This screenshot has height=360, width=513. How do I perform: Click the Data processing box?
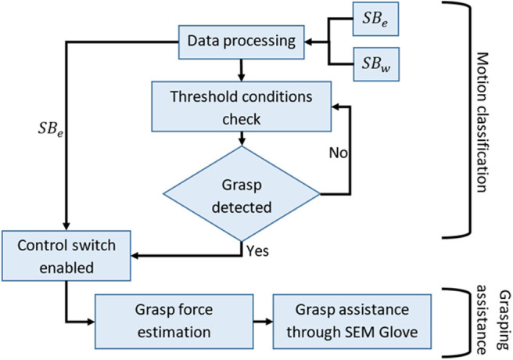[242, 42]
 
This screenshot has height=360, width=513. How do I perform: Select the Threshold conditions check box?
[242, 106]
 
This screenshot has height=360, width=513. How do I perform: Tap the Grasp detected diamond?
[242, 194]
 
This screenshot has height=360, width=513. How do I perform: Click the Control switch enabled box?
[66, 256]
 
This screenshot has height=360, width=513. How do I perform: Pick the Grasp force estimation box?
[174, 322]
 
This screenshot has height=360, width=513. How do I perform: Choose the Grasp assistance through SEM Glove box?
[352, 322]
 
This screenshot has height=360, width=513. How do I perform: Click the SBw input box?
[376, 64]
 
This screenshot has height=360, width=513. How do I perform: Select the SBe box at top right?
[375, 19]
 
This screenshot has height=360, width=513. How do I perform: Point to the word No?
[338, 153]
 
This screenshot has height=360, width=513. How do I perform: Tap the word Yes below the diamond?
[258, 251]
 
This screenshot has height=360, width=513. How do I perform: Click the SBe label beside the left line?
[51, 129]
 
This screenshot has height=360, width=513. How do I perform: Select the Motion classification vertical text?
[482, 122]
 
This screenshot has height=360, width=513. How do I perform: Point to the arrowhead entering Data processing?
[308, 42]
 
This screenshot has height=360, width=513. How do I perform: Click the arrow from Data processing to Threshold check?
[242, 70]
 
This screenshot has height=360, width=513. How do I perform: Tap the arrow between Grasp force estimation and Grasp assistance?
[263, 322]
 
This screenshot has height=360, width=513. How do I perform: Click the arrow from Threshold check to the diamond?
[242, 139]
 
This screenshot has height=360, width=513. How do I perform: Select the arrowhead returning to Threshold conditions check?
[335, 106]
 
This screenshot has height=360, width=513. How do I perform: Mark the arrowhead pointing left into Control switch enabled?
[135, 256]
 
